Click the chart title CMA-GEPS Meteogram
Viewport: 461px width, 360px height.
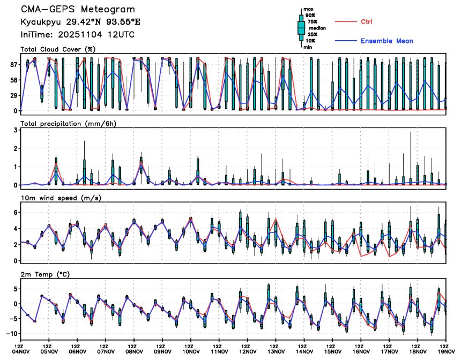click(x=78, y=10)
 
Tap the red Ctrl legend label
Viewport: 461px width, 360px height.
click(x=367, y=21)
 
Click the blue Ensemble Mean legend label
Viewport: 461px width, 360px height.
click(x=386, y=41)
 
